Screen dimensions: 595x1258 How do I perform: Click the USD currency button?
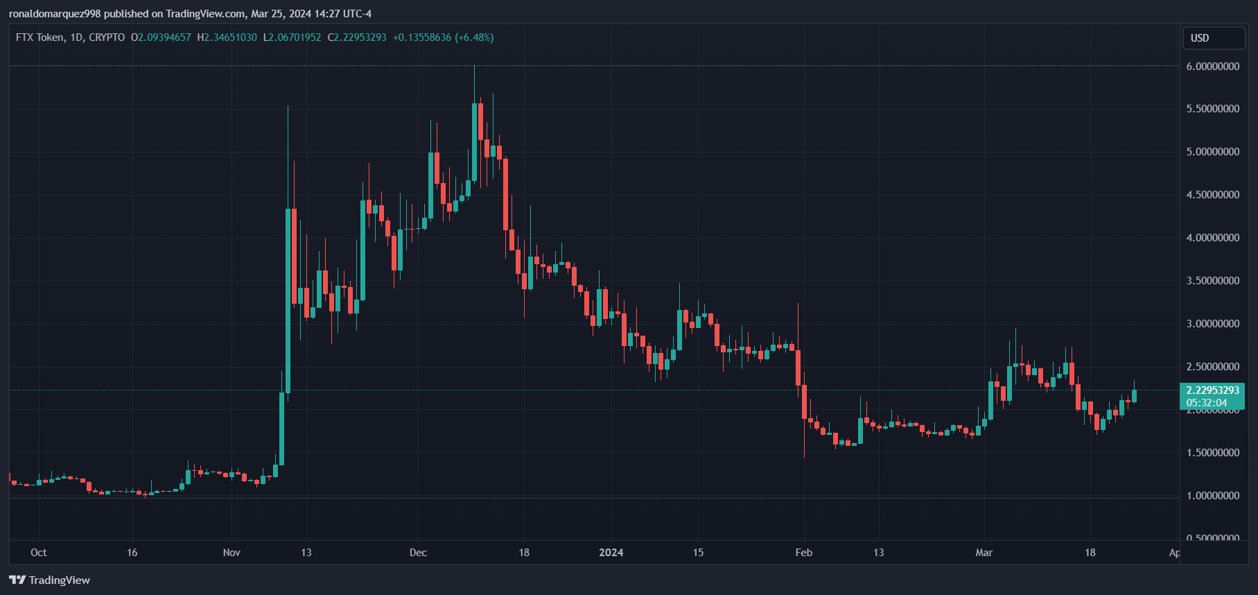(1213, 38)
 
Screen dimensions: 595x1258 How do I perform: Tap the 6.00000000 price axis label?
(1213, 67)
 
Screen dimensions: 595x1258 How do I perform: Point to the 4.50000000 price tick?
(1213, 195)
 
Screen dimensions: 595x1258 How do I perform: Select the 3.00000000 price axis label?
(1213, 324)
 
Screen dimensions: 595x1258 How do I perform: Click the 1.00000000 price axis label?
(1213, 496)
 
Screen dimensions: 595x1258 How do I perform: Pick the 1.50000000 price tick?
(1213, 453)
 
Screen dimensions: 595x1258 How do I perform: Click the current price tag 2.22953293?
(1213, 390)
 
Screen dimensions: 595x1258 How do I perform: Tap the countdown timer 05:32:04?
(1207, 403)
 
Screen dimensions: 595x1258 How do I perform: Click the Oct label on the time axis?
(39, 553)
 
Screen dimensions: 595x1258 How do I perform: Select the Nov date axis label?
(231, 553)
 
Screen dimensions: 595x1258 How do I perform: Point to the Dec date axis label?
(418, 553)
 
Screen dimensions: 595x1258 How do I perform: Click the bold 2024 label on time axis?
(611, 553)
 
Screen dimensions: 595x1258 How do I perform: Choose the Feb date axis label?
(803, 553)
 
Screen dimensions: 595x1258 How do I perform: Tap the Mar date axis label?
(984, 553)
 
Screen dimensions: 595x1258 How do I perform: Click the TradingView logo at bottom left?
(50, 580)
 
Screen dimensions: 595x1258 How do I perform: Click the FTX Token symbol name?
(40, 37)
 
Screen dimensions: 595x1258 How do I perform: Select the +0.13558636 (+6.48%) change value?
(443, 37)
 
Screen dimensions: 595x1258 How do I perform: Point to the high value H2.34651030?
(227, 37)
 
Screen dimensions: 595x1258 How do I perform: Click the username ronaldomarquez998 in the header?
(55, 14)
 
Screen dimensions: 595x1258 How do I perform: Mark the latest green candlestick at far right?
(1134, 395)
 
